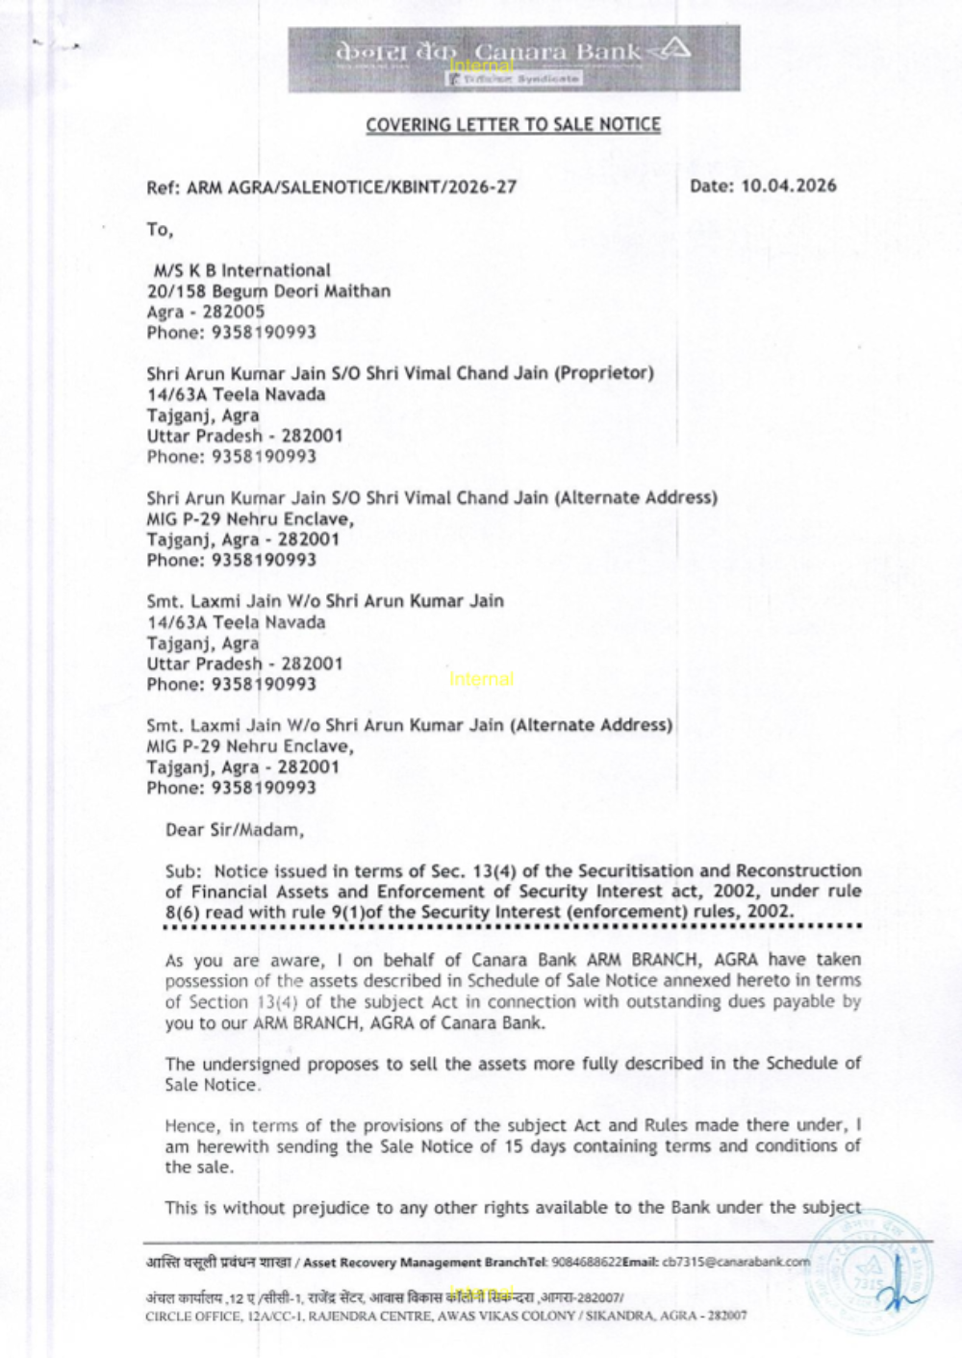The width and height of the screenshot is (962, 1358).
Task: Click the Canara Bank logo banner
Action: click(x=514, y=59)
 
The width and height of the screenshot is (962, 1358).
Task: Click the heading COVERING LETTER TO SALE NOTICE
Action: click(x=513, y=125)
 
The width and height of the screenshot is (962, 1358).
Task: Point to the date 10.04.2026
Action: click(x=788, y=186)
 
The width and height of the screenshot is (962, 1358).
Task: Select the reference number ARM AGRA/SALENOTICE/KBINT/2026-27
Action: click(x=351, y=188)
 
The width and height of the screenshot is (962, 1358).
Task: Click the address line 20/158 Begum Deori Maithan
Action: click(x=268, y=291)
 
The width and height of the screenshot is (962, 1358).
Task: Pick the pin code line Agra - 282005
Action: click(x=205, y=312)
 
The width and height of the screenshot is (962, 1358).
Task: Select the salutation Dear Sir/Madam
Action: click(x=235, y=830)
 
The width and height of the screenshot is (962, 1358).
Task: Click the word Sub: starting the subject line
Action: click(x=183, y=871)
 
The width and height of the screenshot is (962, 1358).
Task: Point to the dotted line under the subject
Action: click(x=513, y=927)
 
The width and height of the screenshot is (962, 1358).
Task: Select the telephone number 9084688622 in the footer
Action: click(x=586, y=1262)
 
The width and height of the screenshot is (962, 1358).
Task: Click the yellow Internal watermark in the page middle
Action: click(x=481, y=679)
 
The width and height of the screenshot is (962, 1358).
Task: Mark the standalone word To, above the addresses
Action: click(x=160, y=230)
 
